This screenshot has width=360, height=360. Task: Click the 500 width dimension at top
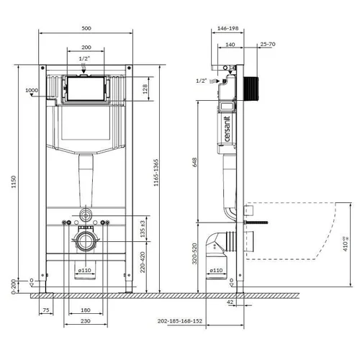click(86, 28)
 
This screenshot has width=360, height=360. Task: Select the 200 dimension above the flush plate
click(86, 48)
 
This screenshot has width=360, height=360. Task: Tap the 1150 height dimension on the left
click(14, 181)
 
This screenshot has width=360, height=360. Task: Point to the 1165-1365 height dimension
click(156, 173)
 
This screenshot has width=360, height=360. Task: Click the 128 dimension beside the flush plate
click(145, 89)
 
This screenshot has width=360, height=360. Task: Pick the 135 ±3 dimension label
click(143, 229)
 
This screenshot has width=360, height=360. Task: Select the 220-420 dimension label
click(143, 262)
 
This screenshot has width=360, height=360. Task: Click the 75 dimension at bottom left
click(46, 310)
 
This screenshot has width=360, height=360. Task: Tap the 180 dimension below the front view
click(86, 310)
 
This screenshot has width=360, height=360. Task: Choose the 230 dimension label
click(86, 321)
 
